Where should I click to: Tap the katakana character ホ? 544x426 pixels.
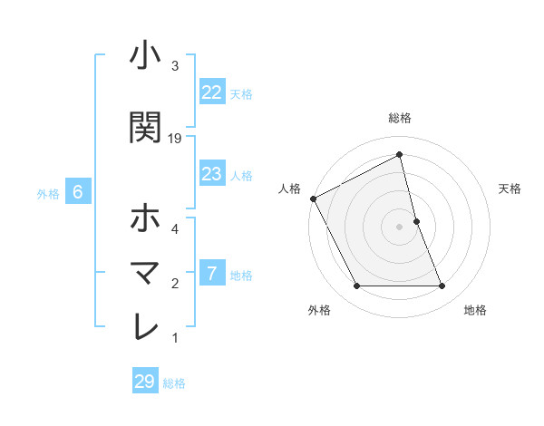point(145,218)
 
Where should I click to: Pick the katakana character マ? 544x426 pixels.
point(145,272)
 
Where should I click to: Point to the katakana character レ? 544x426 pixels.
point(145,326)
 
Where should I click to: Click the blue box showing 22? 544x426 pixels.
point(212,92)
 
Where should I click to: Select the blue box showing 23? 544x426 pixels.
point(212,174)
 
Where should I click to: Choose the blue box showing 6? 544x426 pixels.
point(78,192)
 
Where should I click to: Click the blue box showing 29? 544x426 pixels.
point(144,382)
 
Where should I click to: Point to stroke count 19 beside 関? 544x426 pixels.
point(175,139)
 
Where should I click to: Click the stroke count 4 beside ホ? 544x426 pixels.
point(175,229)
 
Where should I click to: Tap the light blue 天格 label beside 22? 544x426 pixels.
point(241,93)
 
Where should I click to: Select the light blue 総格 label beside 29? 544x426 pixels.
point(174,383)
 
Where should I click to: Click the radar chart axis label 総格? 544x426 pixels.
point(399,118)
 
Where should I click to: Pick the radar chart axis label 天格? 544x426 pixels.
point(510,189)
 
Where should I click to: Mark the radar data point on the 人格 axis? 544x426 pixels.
point(314,198)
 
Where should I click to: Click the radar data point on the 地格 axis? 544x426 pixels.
point(442,286)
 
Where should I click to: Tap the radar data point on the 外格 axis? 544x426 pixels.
point(356,286)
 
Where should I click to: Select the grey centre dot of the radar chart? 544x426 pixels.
point(399,227)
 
